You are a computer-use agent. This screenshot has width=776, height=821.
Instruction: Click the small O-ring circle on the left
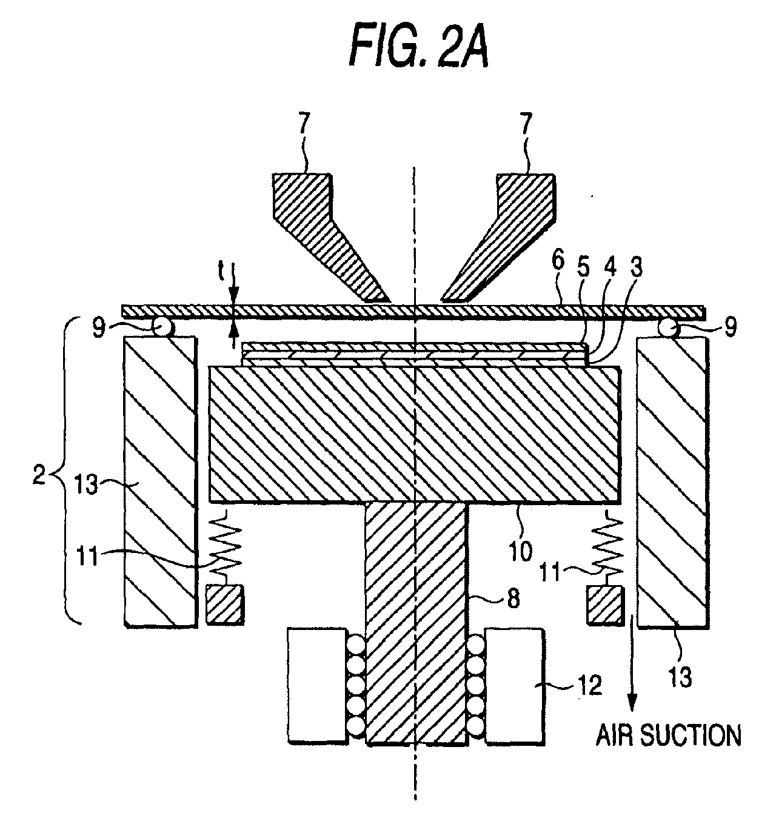coord(162,327)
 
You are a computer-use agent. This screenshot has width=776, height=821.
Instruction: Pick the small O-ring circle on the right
coord(667,327)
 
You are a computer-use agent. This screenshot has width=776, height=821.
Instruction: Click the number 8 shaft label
coord(513,599)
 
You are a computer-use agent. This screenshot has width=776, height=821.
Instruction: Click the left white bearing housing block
coord(317,685)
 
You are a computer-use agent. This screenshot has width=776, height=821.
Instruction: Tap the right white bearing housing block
coord(514,685)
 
